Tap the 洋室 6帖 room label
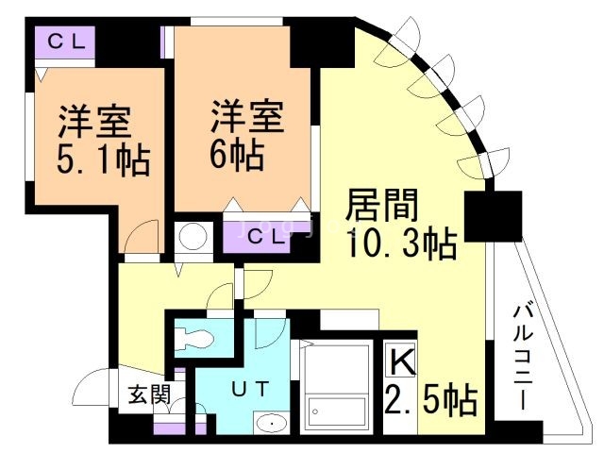pos(246,135)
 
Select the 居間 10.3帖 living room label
pos(401,224)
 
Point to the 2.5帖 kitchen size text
pos(431,400)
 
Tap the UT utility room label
pos(249,388)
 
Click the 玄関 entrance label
pos(149,394)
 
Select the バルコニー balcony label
pos(523,357)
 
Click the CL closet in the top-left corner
pos(65,42)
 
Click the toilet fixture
pos(193,338)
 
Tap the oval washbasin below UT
pos(272,424)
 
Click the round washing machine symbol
pos(193,236)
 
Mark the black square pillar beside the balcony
pos(494,216)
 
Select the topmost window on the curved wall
pos(398,42)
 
